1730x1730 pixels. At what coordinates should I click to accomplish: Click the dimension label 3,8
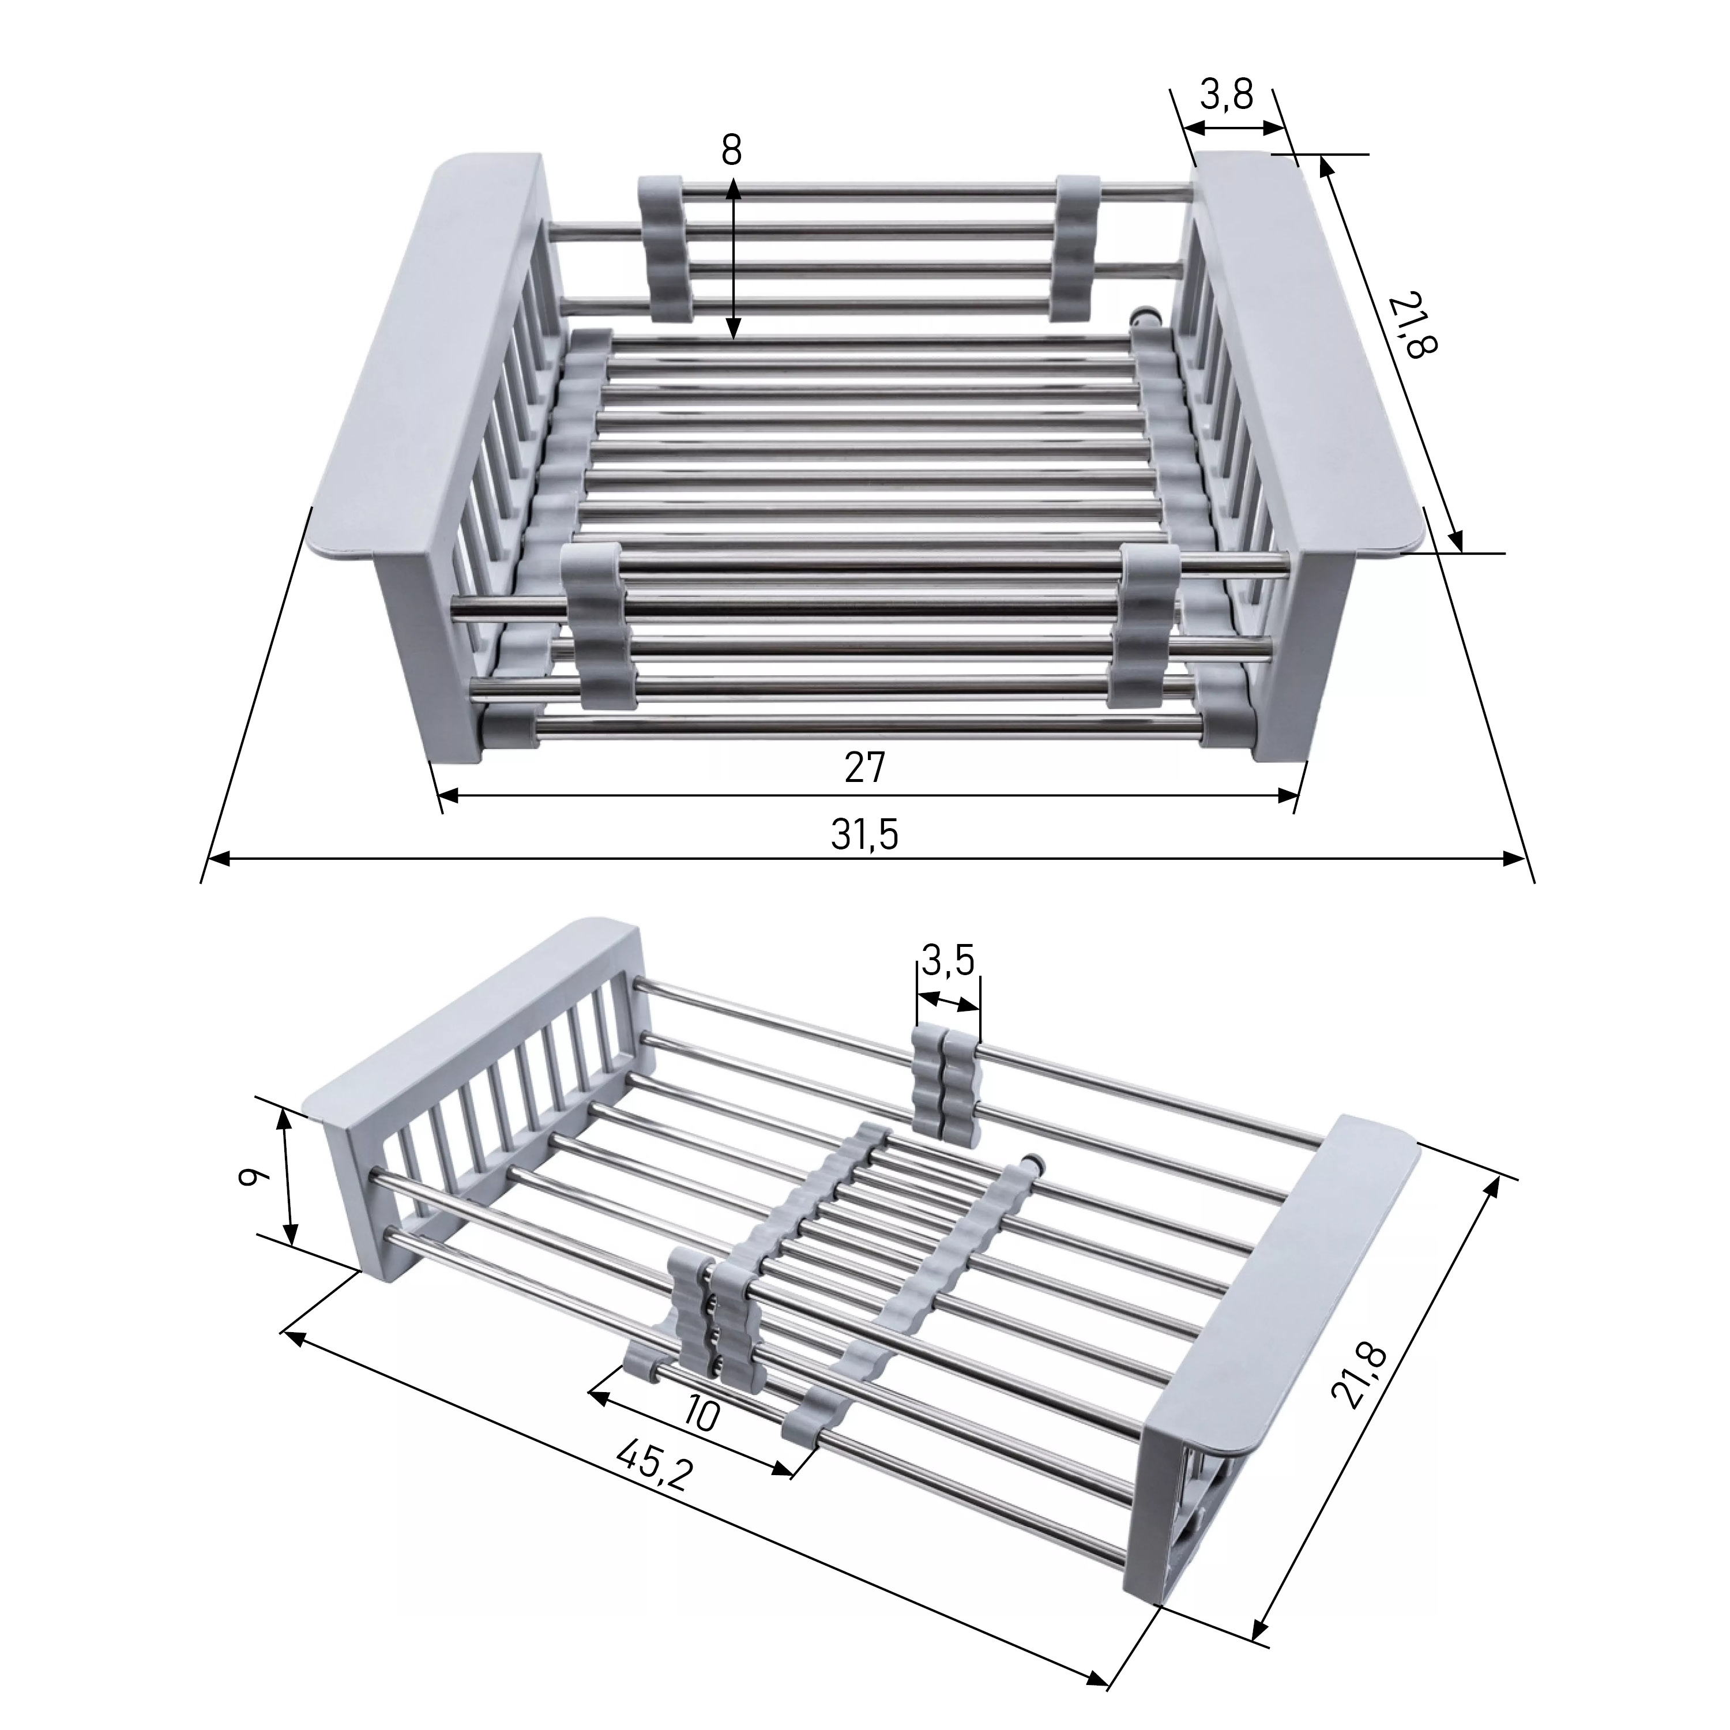point(1227,94)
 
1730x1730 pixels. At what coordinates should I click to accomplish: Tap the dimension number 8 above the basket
point(732,151)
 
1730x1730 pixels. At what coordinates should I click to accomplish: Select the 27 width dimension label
point(864,768)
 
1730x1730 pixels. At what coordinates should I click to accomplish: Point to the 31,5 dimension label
point(864,834)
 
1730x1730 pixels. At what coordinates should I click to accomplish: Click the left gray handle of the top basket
point(426,363)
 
